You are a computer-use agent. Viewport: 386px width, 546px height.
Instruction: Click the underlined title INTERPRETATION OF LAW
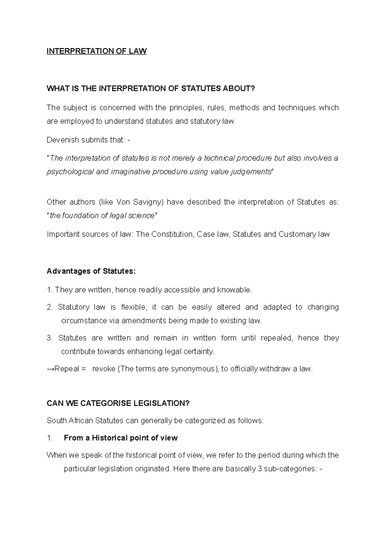click(96, 51)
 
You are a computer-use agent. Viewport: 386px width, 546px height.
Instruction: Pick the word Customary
click(297, 234)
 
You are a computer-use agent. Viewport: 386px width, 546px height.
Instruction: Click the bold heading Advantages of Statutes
click(91, 271)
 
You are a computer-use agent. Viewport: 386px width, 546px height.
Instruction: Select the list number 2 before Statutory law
click(49, 307)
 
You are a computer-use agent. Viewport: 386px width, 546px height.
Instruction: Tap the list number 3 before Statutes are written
click(49, 338)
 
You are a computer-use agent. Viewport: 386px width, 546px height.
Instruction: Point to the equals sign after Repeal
click(84, 369)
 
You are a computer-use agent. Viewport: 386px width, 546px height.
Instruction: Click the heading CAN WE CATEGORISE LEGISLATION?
click(118, 403)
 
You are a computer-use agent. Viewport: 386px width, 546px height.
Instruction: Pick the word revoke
click(104, 369)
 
